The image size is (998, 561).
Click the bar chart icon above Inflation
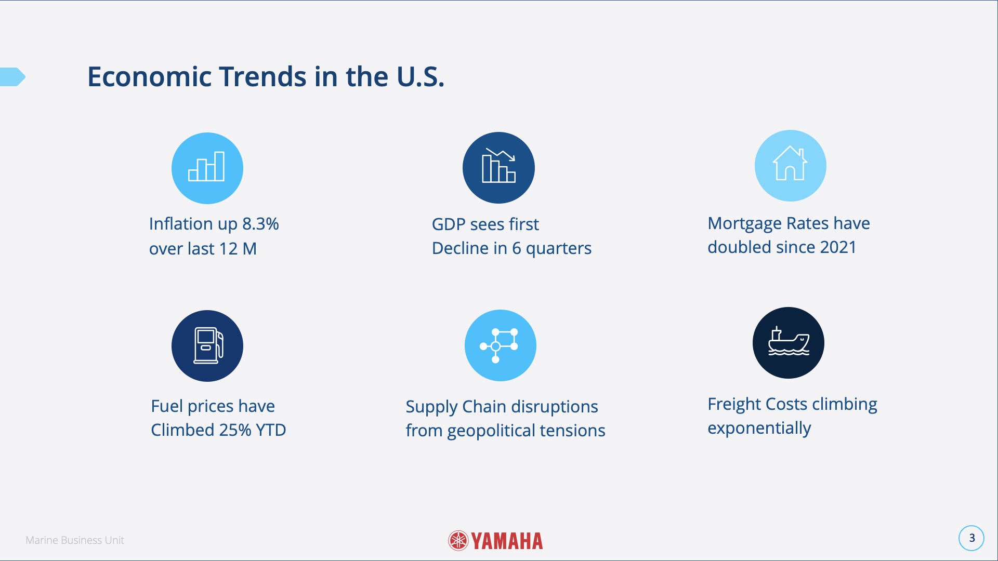pos(207,168)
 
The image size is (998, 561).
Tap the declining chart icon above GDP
pos(498,167)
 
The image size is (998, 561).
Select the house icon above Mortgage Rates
pos(790,165)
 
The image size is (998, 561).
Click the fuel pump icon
pos(207,345)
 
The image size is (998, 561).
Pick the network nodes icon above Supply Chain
pos(500,345)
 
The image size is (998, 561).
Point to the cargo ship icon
pos(788,343)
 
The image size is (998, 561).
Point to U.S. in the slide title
pos(420,77)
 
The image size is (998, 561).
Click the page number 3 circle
pos(971,538)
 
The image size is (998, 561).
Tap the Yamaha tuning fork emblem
pos(458,541)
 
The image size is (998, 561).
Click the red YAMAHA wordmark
pos(507,541)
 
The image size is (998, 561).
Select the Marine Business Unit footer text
pos(75,540)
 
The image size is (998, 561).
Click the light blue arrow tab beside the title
pos(12,77)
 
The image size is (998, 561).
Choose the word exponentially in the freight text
pos(759,428)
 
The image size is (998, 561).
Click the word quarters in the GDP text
pos(558,249)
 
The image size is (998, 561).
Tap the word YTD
pos(271,430)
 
